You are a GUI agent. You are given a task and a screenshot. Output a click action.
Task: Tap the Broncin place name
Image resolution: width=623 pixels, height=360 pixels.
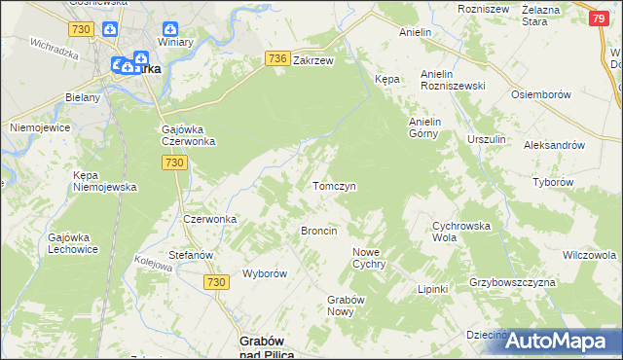pyautogui.click(x=319, y=231)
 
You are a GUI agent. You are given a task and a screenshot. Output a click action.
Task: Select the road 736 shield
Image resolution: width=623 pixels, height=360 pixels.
pyautogui.click(x=276, y=59)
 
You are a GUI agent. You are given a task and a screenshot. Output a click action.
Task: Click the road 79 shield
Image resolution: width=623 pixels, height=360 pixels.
pyautogui.click(x=601, y=18)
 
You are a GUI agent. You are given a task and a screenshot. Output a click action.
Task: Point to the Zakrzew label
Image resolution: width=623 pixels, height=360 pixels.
pyautogui.click(x=313, y=60)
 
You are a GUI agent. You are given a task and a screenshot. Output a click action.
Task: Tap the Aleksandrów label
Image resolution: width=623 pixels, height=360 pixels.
pyautogui.click(x=553, y=144)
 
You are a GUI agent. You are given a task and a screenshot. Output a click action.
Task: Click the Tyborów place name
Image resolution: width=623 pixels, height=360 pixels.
pyautogui.click(x=580, y=182)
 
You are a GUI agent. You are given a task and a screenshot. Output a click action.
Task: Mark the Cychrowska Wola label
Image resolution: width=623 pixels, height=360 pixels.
pyautogui.click(x=458, y=231)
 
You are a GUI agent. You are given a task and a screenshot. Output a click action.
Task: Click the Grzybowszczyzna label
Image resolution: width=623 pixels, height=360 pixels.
pyautogui.click(x=511, y=282)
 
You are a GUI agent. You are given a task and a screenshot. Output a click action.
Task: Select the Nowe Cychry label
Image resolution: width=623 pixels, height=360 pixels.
pyautogui.click(x=370, y=258)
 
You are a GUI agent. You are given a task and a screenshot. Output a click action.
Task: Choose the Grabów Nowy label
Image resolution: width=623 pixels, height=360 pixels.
pyautogui.click(x=345, y=306)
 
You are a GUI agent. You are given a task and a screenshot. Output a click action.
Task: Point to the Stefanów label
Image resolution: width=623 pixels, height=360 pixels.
pyautogui.click(x=191, y=255)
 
